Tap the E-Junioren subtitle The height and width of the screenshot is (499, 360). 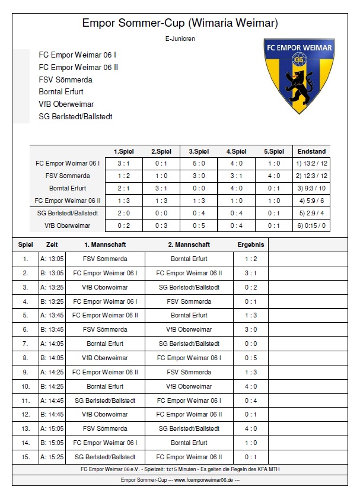pyautogui.click(x=180, y=39)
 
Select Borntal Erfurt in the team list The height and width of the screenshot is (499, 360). pyautogui.click(x=61, y=92)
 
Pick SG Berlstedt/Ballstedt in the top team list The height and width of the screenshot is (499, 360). pyautogui.click(x=75, y=117)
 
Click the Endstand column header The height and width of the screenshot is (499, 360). pyautogui.click(x=311, y=151)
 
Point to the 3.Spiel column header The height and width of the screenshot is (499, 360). pyautogui.click(x=199, y=151)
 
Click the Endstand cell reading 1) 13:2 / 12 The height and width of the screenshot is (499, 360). pyautogui.click(x=311, y=163)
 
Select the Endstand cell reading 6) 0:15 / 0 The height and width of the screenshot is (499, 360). pyautogui.click(x=311, y=225)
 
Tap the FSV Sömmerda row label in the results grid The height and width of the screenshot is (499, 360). pyautogui.click(x=68, y=176)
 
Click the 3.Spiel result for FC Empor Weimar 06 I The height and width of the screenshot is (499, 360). pyautogui.click(x=199, y=163)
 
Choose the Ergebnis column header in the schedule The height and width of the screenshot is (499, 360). pyautogui.click(x=250, y=244)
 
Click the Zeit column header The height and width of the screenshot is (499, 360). pyautogui.click(x=52, y=244)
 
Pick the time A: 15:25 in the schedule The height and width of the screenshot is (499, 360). pyautogui.click(x=52, y=457)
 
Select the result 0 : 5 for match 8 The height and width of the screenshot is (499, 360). pyautogui.click(x=250, y=358)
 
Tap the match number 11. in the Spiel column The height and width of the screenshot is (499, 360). pyautogui.click(x=26, y=401)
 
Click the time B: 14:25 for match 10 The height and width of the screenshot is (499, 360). pyautogui.click(x=52, y=386)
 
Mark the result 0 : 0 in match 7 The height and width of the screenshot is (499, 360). pyautogui.click(x=250, y=344)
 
